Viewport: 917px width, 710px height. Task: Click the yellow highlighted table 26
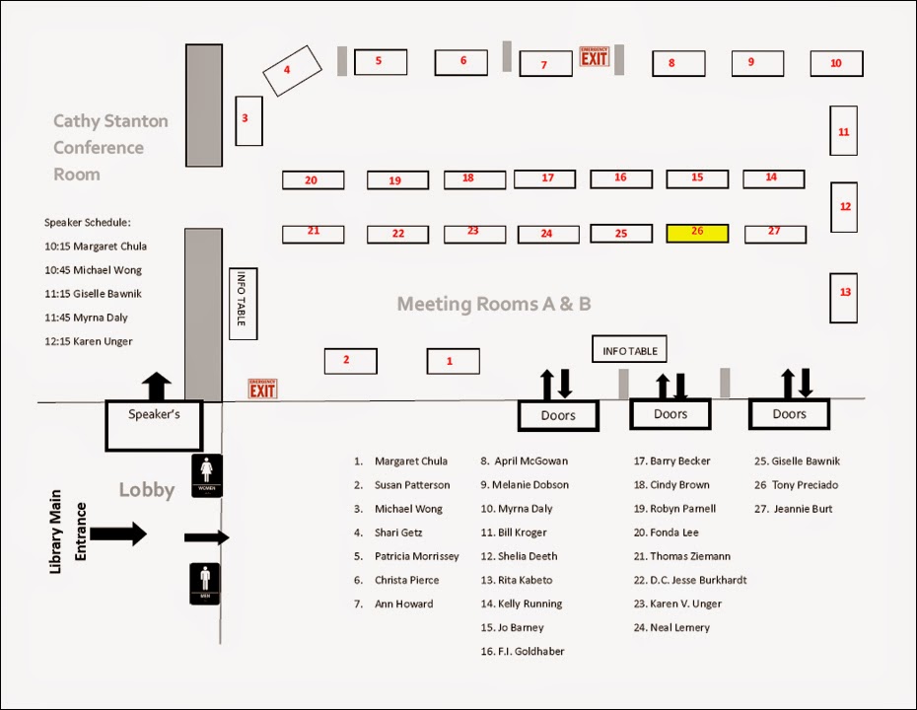(x=697, y=233)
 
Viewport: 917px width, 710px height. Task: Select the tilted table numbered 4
(x=292, y=71)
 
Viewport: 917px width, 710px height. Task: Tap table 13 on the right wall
(x=844, y=297)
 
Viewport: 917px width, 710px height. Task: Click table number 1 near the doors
(x=453, y=361)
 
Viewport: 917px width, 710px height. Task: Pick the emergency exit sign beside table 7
(x=595, y=56)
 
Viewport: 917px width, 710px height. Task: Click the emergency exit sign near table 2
(x=262, y=389)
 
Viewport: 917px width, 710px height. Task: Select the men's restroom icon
(x=207, y=583)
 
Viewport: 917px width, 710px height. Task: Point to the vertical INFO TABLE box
(x=243, y=304)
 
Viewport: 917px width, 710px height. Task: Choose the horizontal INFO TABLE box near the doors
(x=630, y=350)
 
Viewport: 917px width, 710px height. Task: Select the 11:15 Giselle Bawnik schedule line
(x=94, y=294)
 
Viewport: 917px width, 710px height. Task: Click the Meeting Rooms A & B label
(x=494, y=304)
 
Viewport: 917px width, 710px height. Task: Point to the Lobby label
(x=146, y=490)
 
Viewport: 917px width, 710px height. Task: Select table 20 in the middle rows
(x=313, y=180)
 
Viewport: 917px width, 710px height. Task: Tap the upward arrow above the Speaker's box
(x=157, y=386)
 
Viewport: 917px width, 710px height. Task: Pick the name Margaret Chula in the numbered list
(x=410, y=461)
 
